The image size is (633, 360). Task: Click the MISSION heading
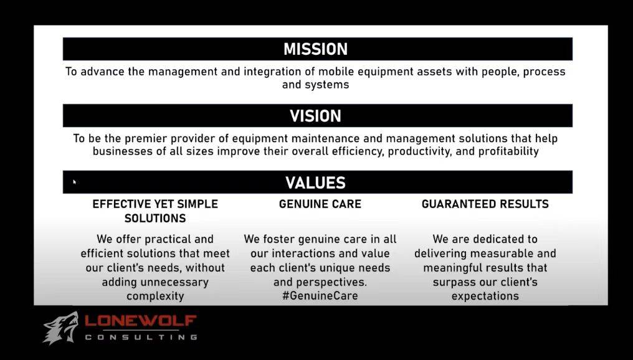tap(315, 49)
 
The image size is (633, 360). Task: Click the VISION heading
tap(315, 116)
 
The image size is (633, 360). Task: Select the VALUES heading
tap(315, 183)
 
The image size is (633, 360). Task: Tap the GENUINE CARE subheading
tap(320, 204)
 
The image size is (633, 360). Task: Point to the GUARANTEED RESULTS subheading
tap(485, 204)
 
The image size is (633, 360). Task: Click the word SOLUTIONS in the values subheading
tap(155, 219)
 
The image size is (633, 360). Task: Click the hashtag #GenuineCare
tap(320, 296)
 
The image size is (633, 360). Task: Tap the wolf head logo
tap(61, 328)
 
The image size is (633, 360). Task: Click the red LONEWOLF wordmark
tap(140, 321)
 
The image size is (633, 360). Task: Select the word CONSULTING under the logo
tap(141, 337)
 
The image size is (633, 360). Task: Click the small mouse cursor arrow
tap(75, 182)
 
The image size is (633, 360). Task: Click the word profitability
tap(508, 152)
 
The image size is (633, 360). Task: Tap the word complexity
tap(155, 296)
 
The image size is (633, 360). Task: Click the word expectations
tap(485, 296)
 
